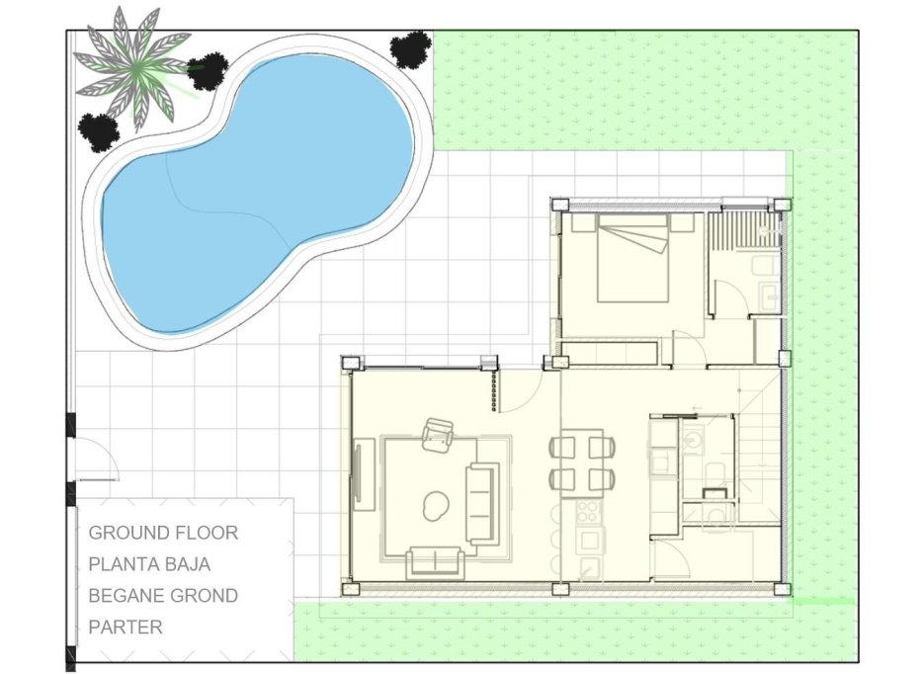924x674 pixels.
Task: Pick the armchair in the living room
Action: [437, 435]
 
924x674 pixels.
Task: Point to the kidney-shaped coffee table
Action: [433, 506]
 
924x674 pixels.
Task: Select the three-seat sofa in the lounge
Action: [484, 502]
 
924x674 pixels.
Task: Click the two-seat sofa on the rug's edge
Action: [435, 562]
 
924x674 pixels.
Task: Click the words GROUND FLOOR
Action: [163, 533]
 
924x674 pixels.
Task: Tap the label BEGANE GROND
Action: [163, 596]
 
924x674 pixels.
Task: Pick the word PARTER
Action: [126, 627]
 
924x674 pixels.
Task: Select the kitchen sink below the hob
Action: [591, 540]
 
